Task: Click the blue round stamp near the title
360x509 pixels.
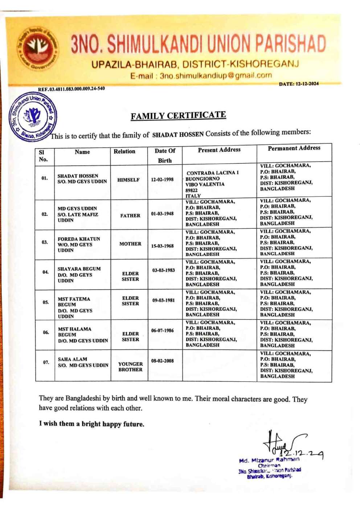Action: point(33,117)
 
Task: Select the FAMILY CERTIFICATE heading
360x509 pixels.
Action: point(178,115)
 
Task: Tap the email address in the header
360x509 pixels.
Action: point(201,76)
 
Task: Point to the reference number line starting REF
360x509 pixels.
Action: point(71,89)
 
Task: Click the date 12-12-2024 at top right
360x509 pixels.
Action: point(299,84)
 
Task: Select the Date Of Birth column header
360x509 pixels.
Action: point(165,155)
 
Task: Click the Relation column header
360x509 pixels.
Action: point(124,151)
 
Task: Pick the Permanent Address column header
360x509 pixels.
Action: point(294,148)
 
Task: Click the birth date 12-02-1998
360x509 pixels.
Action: point(162,179)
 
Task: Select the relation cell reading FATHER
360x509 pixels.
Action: point(130,216)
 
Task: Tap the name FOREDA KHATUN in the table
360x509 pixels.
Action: point(79,239)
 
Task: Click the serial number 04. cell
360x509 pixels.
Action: point(45,272)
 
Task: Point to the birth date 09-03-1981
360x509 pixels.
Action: point(163,300)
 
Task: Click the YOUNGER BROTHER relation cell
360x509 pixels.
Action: point(130,367)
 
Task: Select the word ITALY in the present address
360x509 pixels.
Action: point(193,196)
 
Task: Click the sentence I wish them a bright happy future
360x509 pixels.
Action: point(91,424)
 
